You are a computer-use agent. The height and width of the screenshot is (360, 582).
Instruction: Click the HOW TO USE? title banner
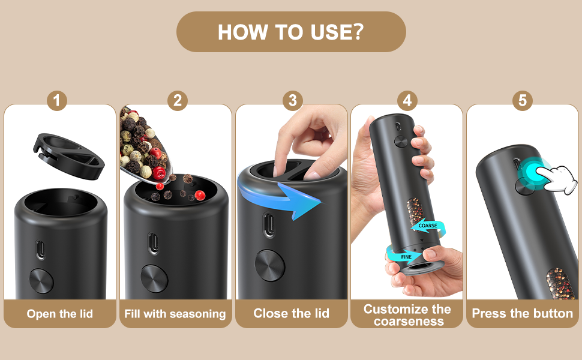pyautogui.click(x=291, y=32)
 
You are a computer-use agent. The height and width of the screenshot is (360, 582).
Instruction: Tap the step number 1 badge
pyautogui.click(x=57, y=101)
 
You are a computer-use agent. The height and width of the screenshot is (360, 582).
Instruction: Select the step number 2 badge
pyautogui.click(x=178, y=101)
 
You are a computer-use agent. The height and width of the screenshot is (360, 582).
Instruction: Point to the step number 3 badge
pyautogui.click(x=292, y=101)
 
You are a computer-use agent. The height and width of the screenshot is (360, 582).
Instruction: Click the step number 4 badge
pyautogui.click(x=407, y=101)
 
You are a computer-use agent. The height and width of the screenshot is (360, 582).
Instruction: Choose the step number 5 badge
pyautogui.click(x=522, y=101)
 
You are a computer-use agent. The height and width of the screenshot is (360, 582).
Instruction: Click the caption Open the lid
pyautogui.click(x=60, y=314)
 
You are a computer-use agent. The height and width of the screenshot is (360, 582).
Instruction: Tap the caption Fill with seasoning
pyautogui.click(x=175, y=314)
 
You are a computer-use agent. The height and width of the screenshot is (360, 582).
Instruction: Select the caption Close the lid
pyautogui.click(x=292, y=313)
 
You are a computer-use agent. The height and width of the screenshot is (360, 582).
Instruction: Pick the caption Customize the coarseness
pyautogui.click(x=407, y=315)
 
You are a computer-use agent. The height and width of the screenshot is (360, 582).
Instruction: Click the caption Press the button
pyautogui.click(x=522, y=314)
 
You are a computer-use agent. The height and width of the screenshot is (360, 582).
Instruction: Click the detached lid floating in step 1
pyautogui.click(x=69, y=156)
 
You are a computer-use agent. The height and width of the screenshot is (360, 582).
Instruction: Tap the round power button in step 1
pyautogui.click(x=41, y=281)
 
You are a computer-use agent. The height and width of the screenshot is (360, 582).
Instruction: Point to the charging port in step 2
pyautogui.click(x=153, y=244)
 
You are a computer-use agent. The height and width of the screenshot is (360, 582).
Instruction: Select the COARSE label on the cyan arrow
pyautogui.click(x=428, y=226)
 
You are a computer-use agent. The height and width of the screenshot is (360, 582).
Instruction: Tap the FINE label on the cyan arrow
pyautogui.click(x=406, y=257)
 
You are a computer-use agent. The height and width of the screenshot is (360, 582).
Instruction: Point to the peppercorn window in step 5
pyautogui.click(x=560, y=284)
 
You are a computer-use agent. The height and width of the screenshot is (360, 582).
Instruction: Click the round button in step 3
pyautogui.click(x=270, y=265)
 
